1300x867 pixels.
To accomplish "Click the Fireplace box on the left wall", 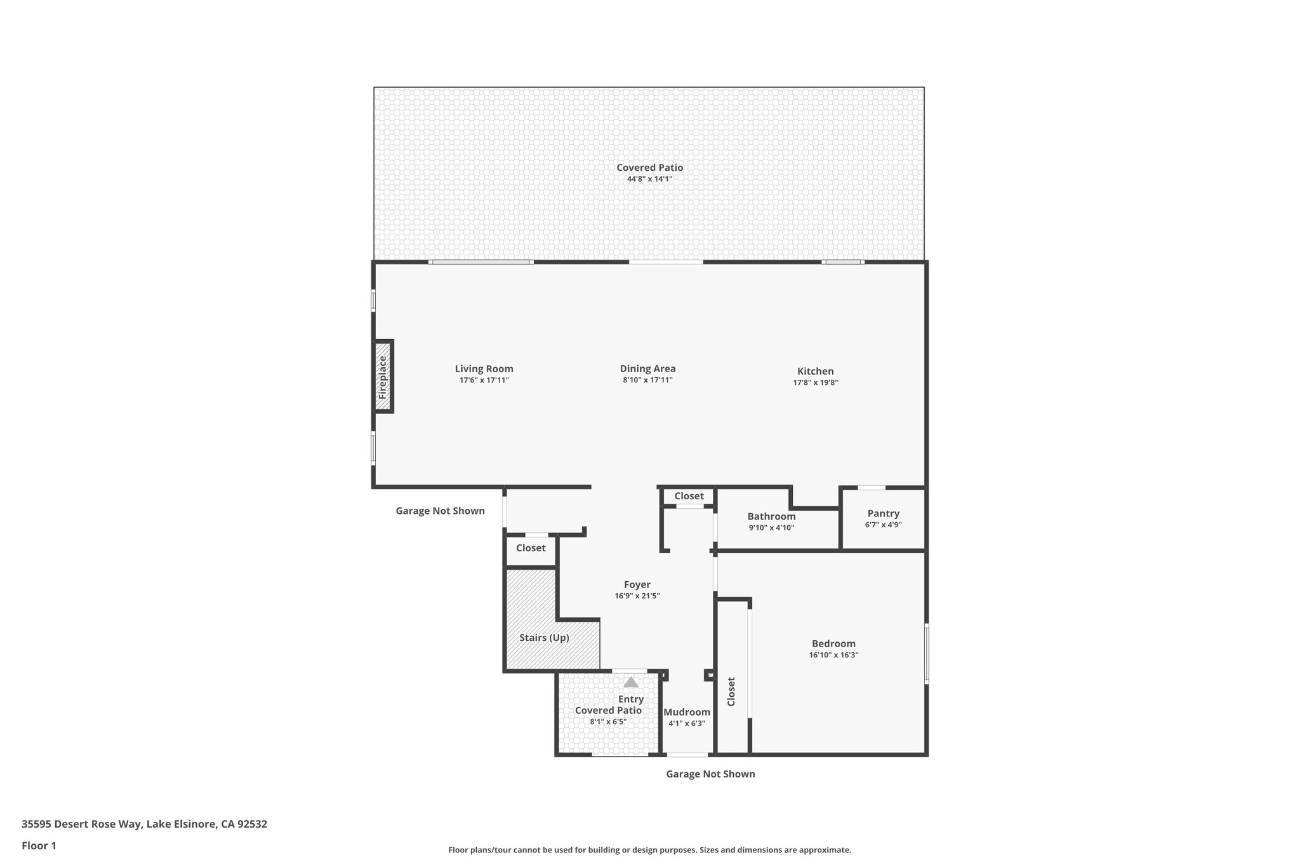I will (x=383, y=377).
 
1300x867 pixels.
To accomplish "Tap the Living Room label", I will (x=484, y=369).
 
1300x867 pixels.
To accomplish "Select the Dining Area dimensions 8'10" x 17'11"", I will (x=647, y=380).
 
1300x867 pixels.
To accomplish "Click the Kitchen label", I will (x=815, y=372).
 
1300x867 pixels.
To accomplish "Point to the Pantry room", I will (x=883, y=518).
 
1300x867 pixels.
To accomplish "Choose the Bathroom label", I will (x=771, y=516).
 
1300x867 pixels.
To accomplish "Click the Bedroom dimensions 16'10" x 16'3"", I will (x=833, y=655).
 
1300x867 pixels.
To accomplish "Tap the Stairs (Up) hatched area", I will (x=544, y=638).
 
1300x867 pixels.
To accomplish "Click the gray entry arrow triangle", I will (x=630, y=682).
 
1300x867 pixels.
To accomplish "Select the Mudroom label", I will (x=687, y=712).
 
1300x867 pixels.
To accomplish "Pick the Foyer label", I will (x=637, y=585).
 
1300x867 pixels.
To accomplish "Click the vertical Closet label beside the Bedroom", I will (x=731, y=691).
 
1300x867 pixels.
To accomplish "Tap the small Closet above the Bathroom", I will (x=689, y=496).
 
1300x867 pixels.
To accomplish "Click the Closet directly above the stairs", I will (x=531, y=548).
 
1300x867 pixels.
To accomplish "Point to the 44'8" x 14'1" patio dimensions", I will (x=649, y=179).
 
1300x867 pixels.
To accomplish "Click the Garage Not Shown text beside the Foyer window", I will (x=440, y=511).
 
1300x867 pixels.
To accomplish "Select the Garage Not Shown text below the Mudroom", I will (x=710, y=774).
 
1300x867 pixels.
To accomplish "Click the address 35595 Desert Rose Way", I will (x=144, y=824).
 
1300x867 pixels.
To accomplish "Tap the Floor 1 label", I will (x=39, y=845).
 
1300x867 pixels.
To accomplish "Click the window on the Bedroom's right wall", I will (x=926, y=654).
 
